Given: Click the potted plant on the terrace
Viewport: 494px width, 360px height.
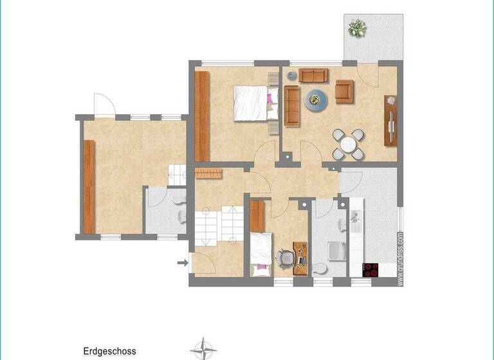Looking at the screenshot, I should [x=356, y=28].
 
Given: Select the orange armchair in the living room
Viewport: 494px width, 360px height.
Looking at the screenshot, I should [x=344, y=92].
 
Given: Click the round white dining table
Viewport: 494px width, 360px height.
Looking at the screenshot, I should [x=348, y=144].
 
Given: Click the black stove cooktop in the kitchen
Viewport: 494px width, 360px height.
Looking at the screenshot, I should [x=371, y=270].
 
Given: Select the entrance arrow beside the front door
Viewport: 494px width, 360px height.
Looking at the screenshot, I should [x=182, y=262].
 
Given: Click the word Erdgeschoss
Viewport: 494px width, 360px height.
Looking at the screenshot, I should [x=109, y=352].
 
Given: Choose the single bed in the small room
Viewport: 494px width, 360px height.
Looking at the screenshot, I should [x=261, y=253].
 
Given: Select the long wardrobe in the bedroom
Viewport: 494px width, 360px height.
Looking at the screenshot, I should [x=203, y=116].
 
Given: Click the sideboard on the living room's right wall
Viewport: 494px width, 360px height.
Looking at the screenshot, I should [x=390, y=120].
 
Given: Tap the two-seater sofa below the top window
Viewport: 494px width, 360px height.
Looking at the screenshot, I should [x=313, y=75].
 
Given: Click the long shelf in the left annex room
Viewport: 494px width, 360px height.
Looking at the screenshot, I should [x=89, y=186].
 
